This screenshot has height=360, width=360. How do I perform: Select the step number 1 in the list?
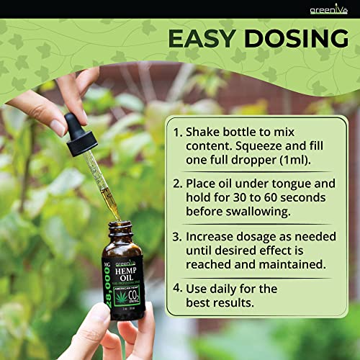coord(177,132)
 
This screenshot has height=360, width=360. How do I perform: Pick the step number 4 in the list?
coord(177,289)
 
